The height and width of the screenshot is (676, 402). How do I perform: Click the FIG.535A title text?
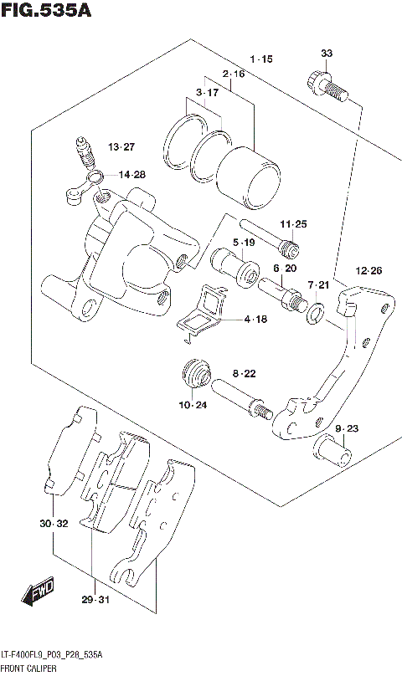click(46, 11)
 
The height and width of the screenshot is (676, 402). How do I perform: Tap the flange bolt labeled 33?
click(326, 84)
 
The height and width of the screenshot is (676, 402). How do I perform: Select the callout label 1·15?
click(260, 59)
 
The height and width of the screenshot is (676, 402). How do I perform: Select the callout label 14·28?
click(131, 175)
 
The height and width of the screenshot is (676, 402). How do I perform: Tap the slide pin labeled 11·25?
click(267, 238)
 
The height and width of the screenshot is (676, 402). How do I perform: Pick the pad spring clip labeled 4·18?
click(206, 313)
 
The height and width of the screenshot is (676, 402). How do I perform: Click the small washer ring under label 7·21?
click(317, 314)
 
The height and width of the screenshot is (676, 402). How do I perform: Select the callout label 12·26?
click(368, 270)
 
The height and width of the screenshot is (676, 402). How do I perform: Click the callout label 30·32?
click(52, 524)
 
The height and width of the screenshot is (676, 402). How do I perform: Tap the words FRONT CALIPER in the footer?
click(28, 669)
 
